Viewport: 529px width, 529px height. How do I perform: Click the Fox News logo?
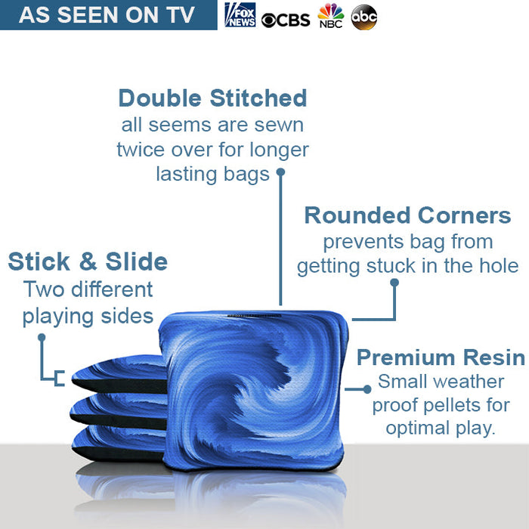(240, 15)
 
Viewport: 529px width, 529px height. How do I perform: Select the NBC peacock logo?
(330, 16)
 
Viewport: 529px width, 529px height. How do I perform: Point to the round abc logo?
(364, 17)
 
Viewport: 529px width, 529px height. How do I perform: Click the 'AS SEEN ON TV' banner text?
(107, 15)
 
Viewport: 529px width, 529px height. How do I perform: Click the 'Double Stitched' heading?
(212, 98)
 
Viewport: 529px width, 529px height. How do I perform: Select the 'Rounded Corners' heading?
(407, 215)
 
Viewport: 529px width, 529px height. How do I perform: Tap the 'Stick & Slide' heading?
(88, 261)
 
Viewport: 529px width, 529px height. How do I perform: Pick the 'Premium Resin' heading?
(441, 357)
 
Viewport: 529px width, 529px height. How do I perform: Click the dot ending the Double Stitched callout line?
(280, 172)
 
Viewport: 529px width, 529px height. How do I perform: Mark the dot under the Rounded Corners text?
(394, 283)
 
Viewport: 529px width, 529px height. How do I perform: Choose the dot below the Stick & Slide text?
(42, 339)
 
